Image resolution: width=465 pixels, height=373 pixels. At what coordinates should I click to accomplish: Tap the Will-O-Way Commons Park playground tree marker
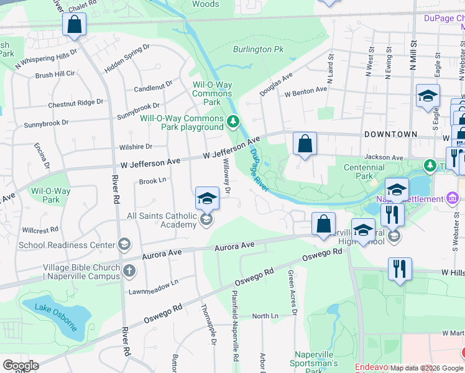[x=233, y=121]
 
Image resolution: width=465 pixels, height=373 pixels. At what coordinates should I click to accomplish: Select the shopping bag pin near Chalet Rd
[x=74, y=25]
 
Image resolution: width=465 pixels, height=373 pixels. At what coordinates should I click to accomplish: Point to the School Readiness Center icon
[x=125, y=244]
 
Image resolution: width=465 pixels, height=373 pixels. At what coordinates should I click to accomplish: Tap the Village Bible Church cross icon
[x=129, y=270]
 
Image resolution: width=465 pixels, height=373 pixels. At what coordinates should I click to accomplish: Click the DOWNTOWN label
[x=390, y=134]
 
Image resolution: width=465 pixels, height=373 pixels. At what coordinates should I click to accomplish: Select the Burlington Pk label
[x=257, y=49]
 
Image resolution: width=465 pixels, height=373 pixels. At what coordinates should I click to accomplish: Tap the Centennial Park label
[x=364, y=172]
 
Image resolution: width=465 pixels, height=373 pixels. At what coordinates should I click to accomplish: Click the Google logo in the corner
[x=21, y=366]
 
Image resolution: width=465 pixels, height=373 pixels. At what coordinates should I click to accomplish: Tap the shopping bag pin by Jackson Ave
[x=305, y=144]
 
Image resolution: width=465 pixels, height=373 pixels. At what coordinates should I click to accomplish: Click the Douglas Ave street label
[x=276, y=83]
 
